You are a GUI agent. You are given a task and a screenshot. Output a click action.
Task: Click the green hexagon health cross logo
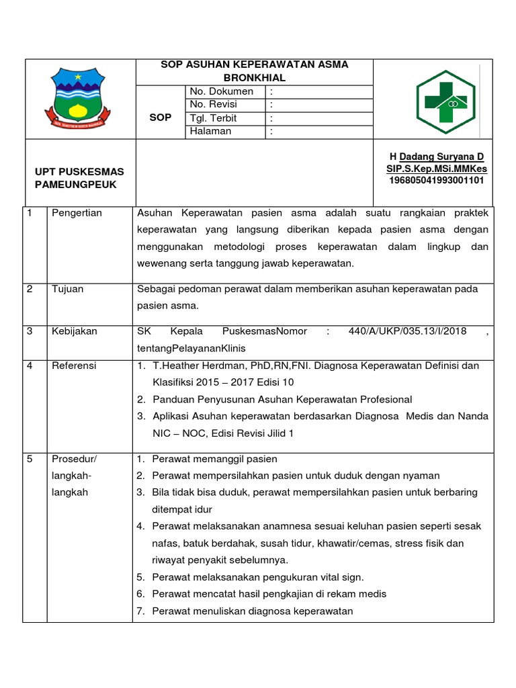coord(445,102)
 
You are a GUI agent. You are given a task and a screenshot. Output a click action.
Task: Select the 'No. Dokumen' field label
coord(221,91)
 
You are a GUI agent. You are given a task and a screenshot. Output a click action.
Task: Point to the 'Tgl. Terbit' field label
coord(214,118)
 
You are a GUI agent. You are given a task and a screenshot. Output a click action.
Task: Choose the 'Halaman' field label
coord(210,131)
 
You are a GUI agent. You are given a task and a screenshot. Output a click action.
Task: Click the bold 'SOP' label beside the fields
coord(160,117)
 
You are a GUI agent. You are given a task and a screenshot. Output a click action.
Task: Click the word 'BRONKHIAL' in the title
coord(255,78)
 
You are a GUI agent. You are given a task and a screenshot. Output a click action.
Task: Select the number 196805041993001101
coord(437,180)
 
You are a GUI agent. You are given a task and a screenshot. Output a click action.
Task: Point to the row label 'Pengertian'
coord(77,213)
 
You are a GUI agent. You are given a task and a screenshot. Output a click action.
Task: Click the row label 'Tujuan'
coord(68,289)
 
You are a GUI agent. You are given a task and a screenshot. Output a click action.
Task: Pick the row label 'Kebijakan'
coord(75,331)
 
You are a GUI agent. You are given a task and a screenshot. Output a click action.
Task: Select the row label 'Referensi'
coord(74,365)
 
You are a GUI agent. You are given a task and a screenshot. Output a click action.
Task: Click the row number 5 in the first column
coord(30,459)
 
